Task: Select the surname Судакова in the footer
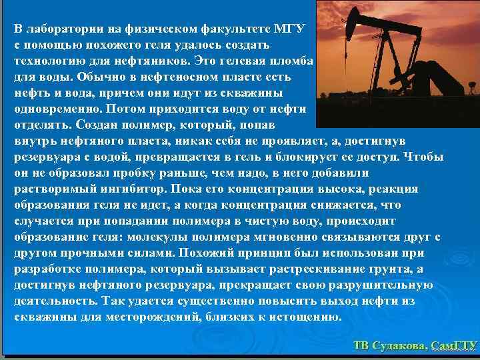(x=397, y=345)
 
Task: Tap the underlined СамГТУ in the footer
(x=454, y=345)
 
